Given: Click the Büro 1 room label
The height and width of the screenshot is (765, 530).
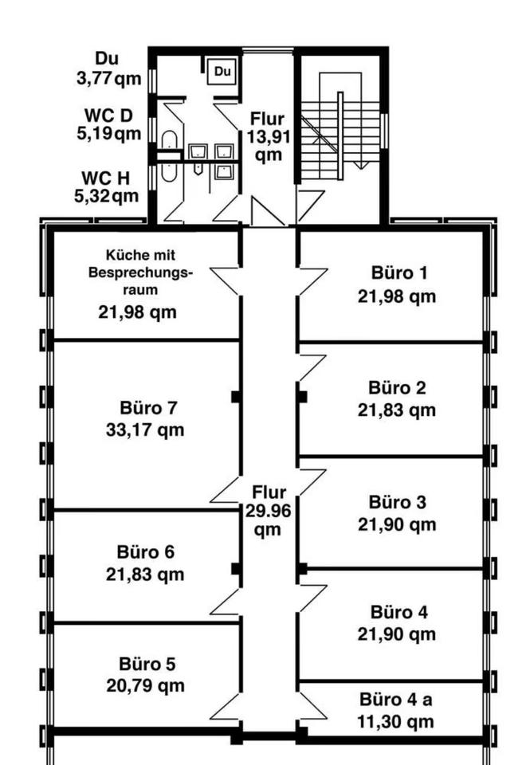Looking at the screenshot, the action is click(399, 273).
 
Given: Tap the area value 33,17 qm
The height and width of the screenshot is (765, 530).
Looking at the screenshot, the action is click(145, 430).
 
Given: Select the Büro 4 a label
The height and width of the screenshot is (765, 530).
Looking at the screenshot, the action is click(396, 700).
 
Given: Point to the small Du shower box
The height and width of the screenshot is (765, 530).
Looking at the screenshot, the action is click(222, 71).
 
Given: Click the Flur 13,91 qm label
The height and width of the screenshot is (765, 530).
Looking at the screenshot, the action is click(268, 136).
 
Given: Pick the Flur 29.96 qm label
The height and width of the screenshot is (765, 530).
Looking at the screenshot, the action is click(268, 510).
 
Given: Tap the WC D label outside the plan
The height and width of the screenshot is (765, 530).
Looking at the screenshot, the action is click(108, 116).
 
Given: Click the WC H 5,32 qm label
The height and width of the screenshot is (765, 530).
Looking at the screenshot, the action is click(107, 186).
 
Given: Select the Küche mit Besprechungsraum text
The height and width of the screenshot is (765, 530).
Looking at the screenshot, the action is click(140, 273).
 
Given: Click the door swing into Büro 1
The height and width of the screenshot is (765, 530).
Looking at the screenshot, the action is click(312, 281).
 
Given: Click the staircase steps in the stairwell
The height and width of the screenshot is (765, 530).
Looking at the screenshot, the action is click(340, 135).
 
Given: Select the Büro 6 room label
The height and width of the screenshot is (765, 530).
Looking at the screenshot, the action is click(145, 551).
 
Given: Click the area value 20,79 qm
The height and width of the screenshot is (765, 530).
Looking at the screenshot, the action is click(145, 686).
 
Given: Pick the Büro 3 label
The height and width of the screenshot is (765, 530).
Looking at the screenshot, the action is click(397, 502).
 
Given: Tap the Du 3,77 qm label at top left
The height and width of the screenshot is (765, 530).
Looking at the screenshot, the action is click(108, 69).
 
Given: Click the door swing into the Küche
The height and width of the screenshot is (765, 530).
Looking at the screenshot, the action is click(225, 280).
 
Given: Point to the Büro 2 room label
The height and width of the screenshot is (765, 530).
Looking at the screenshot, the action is click(397, 387).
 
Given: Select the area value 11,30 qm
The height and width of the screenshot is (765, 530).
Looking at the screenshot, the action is click(395, 722).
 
